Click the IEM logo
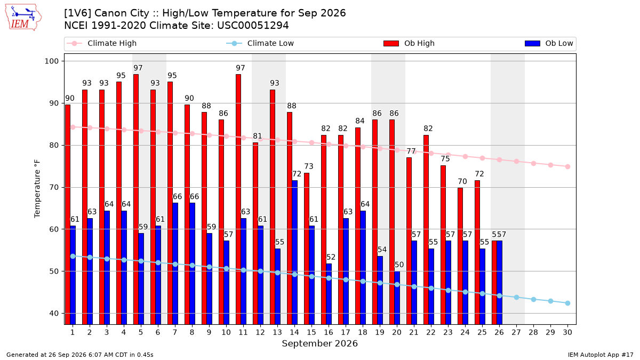coord(23,17)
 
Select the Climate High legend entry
coord(101,43)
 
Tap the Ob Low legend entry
coord(549,43)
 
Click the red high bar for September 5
coord(136,199)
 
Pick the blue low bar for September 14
coord(294,252)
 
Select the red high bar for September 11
coord(238,199)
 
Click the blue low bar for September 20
coord(397,298)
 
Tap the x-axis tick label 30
coord(567,332)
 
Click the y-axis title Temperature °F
coord(37,189)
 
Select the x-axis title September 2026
coord(319,343)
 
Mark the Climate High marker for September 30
coord(567,166)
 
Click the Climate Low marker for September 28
coord(533,299)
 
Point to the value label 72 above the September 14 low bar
coord(297,174)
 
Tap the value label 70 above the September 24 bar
coord(462,181)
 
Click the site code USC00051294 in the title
coord(253,26)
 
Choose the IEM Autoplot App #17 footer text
coord(601,355)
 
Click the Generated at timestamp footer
coord(79,355)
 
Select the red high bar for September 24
coord(460,256)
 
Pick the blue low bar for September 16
coord(329,294)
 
